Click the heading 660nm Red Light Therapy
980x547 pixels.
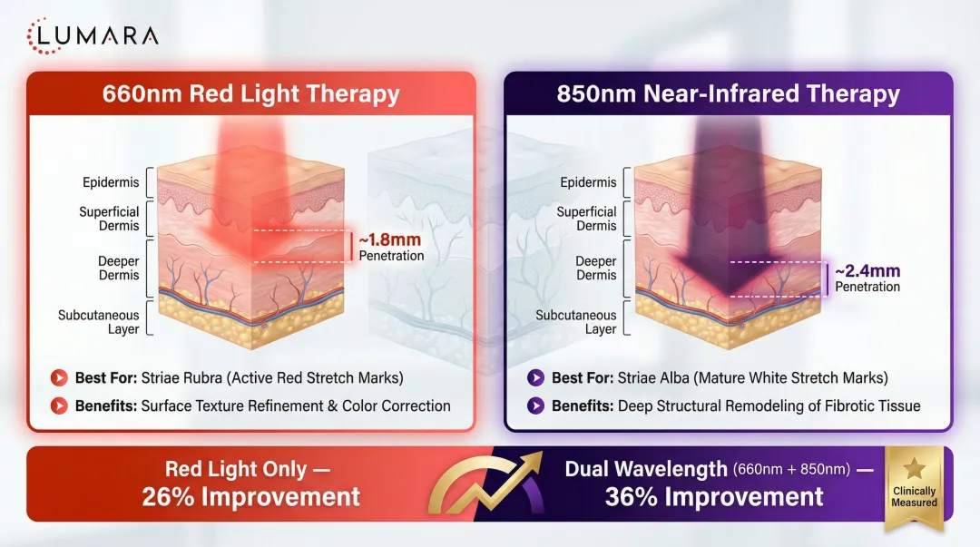point(251,93)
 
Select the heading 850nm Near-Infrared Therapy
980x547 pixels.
point(728,93)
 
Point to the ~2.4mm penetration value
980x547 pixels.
point(868,270)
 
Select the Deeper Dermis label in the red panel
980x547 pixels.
point(118,268)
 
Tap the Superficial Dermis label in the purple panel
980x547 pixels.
point(586,219)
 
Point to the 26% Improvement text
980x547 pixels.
point(251,497)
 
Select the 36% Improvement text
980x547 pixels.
point(715,497)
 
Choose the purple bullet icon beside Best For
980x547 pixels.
point(535,377)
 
